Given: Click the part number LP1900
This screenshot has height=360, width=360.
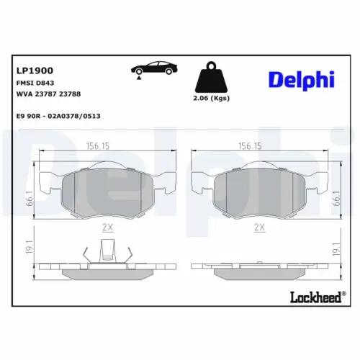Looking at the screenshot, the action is (x=35, y=71).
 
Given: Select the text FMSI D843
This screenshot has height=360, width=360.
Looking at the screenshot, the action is (x=35, y=83).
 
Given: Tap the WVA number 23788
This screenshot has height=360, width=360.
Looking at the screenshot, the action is (x=70, y=94).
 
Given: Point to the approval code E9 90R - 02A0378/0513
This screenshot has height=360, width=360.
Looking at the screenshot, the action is (x=58, y=116).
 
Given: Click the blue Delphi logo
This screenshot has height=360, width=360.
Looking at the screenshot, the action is (x=302, y=80).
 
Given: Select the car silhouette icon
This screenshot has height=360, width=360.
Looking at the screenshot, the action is (x=154, y=68).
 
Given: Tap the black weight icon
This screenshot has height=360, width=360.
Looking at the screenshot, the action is (x=211, y=77).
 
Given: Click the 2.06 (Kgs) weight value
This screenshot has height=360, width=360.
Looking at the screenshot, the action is (x=211, y=98).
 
